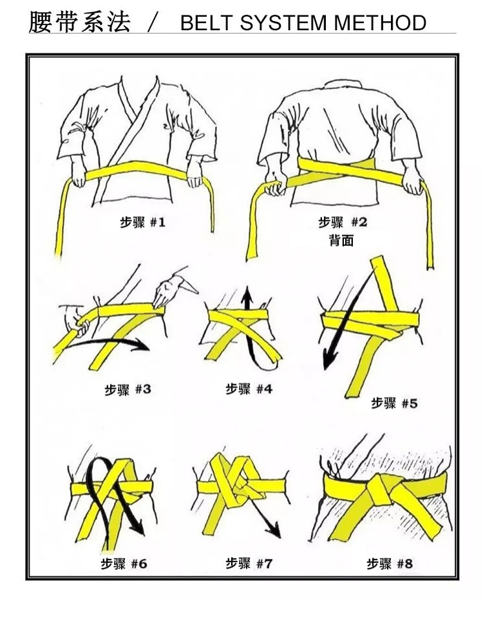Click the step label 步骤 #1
pyautogui.click(x=142, y=223)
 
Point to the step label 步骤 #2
pyautogui.click(x=343, y=223)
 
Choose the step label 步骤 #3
pyautogui.click(x=128, y=390)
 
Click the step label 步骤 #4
pyautogui.click(x=249, y=389)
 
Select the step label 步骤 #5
pyautogui.click(x=394, y=403)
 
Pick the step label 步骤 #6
pyautogui.click(x=124, y=564)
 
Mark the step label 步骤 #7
pyautogui.click(x=249, y=563)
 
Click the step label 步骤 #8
pyautogui.click(x=390, y=563)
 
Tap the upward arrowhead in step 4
pyautogui.click(x=247, y=296)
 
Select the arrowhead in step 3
pyautogui.click(x=143, y=345)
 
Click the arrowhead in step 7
pyautogui.click(x=275, y=531)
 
